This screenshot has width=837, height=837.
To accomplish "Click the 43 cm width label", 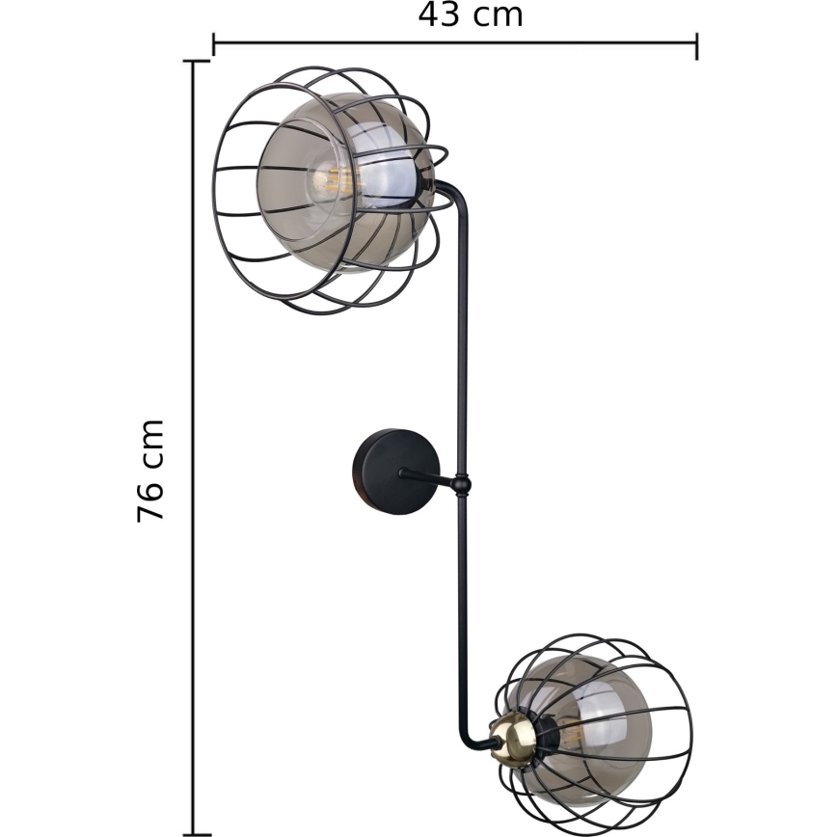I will coord(471,15).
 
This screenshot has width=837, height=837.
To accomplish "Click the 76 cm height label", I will coord(151,471).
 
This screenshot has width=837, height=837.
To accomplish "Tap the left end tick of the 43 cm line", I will coord(213,44).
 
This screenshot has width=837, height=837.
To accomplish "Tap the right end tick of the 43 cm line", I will coord(696,44).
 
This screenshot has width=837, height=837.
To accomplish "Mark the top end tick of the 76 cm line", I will coord(195,62).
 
